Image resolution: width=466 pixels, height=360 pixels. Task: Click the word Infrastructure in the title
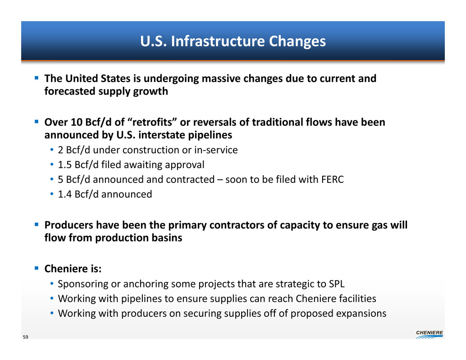218,41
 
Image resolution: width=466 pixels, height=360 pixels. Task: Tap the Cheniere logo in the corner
429,334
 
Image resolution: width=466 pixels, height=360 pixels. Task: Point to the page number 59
26,337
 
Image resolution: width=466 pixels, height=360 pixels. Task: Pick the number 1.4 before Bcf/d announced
64,194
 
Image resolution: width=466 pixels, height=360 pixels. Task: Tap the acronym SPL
337,284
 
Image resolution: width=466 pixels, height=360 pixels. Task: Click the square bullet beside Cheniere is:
37,268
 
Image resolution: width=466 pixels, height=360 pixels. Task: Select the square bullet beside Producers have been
37,224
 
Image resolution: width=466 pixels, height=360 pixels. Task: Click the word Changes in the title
297,41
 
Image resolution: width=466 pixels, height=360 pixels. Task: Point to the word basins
167,237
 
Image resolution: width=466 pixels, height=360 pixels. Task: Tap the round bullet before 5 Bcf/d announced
52,179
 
